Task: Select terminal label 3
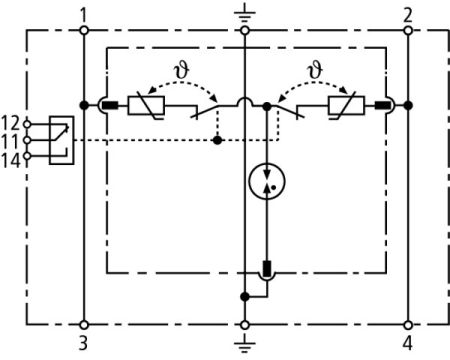84,345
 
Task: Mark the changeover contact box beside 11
58,138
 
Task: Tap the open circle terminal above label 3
84,324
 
